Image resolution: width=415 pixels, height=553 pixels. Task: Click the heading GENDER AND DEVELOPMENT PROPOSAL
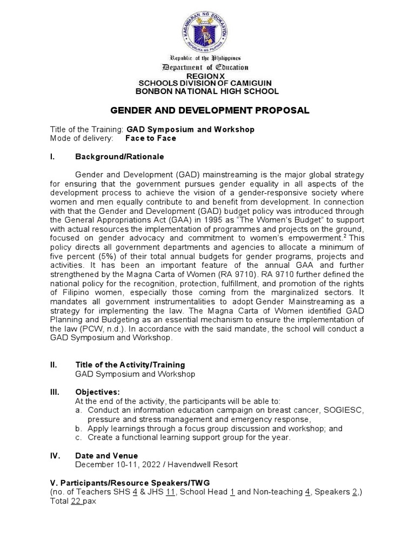click(x=210, y=111)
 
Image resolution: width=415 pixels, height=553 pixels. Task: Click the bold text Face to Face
click(x=150, y=138)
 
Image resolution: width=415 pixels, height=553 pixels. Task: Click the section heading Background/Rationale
click(x=119, y=157)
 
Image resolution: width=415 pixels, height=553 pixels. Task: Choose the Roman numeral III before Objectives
click(x=55, y=392)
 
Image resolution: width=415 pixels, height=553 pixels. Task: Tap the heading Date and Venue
click(x=106, y=455)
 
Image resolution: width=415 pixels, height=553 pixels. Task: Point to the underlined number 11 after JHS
click(x=171, y=492)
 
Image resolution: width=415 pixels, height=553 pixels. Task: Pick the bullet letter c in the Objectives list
click(x=79, y=437)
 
